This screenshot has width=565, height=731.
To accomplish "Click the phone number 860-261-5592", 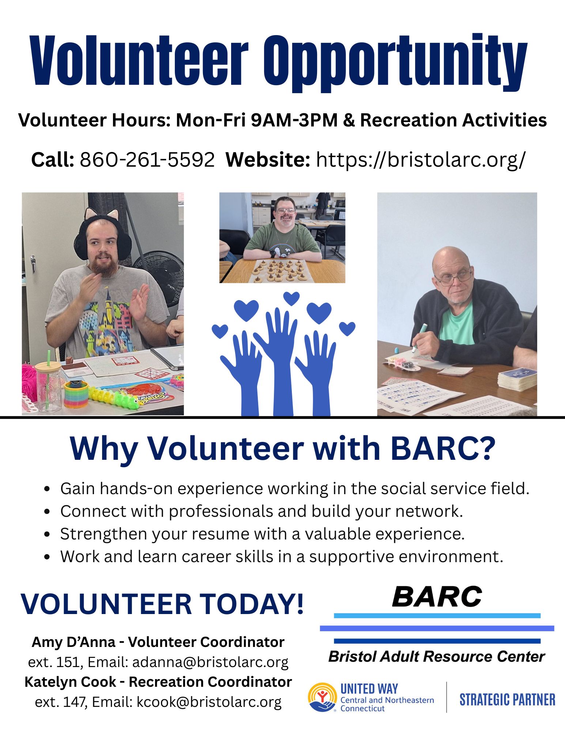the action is [147, 160].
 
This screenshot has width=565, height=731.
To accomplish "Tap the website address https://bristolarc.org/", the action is [421, 160].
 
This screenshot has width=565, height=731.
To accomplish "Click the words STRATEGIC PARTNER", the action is [507, 700].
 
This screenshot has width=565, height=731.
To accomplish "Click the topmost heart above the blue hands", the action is [291, 298].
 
